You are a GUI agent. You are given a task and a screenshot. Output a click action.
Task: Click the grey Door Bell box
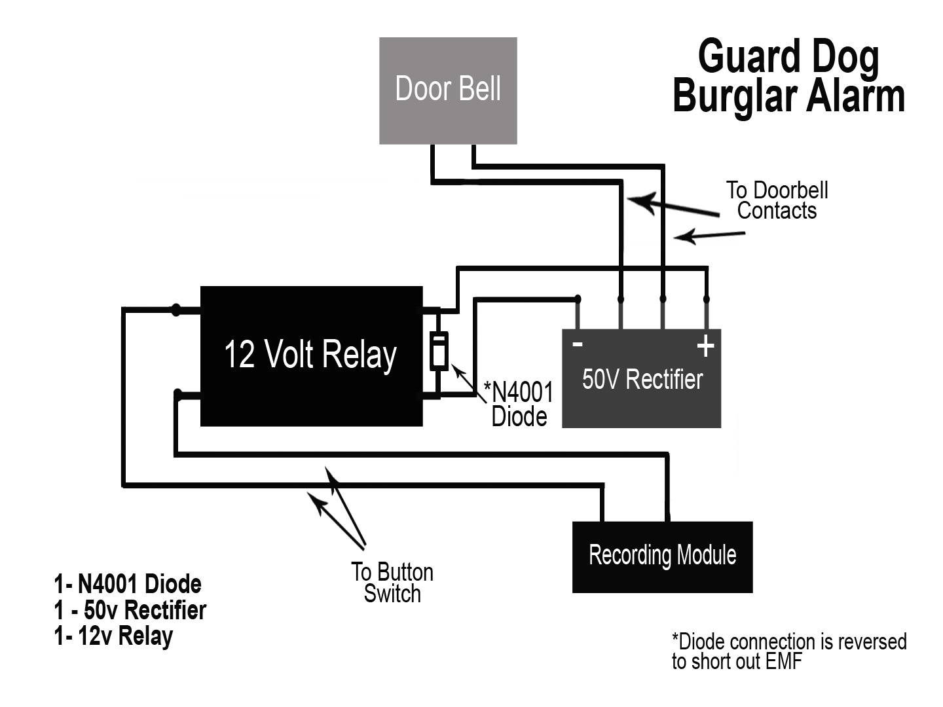448,90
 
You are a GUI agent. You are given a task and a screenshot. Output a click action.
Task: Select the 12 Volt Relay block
310,356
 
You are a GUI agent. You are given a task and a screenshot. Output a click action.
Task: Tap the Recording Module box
662,556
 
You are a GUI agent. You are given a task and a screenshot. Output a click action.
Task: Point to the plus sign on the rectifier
705,346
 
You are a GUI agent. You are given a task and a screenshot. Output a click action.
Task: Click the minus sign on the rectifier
578,344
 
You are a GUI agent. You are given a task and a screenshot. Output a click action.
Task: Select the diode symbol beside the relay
439,352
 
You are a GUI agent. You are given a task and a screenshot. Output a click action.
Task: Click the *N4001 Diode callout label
519,404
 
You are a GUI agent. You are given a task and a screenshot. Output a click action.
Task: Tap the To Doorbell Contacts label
777,200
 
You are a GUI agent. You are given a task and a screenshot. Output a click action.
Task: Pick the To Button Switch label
392,583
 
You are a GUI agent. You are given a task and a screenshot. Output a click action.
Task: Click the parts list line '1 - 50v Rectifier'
130,610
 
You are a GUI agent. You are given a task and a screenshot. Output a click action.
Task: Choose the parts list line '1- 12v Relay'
113,636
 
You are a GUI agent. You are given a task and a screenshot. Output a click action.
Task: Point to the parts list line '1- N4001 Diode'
128,584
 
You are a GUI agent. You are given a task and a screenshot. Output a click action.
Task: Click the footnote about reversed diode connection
788,651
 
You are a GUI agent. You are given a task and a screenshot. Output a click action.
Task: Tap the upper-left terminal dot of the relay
176,310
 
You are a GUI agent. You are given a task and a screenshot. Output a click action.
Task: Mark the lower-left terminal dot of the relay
177,394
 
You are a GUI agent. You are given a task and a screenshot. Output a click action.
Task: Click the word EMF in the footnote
782,661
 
